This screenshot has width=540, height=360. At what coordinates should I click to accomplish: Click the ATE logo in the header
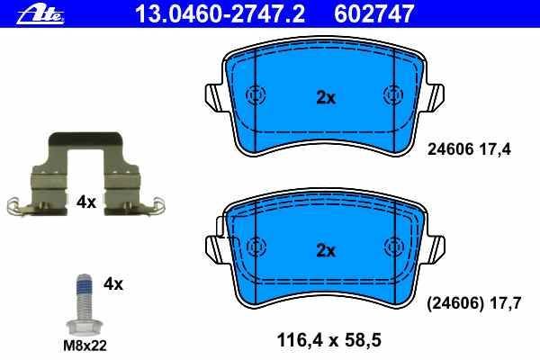pos(40,15)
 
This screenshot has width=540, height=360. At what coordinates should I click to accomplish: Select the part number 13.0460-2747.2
pos(220,13)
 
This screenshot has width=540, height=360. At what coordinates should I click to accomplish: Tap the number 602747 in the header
pos(373,13)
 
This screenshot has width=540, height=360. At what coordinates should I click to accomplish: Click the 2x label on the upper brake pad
pos(326,98)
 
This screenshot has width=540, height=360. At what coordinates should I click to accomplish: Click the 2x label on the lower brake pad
pos(326,250)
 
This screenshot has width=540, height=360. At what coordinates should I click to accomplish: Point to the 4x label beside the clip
pos(86,202)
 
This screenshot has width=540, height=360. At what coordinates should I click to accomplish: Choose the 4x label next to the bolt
pos(113,284)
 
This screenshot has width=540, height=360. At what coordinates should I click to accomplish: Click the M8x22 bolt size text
pos(85,346)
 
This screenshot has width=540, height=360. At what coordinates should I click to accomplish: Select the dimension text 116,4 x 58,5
pos(328,340)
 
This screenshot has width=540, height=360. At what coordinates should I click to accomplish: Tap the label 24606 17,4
pos(469,149)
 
